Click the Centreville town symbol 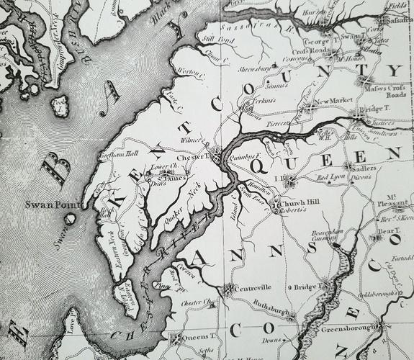tap(229, 289)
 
